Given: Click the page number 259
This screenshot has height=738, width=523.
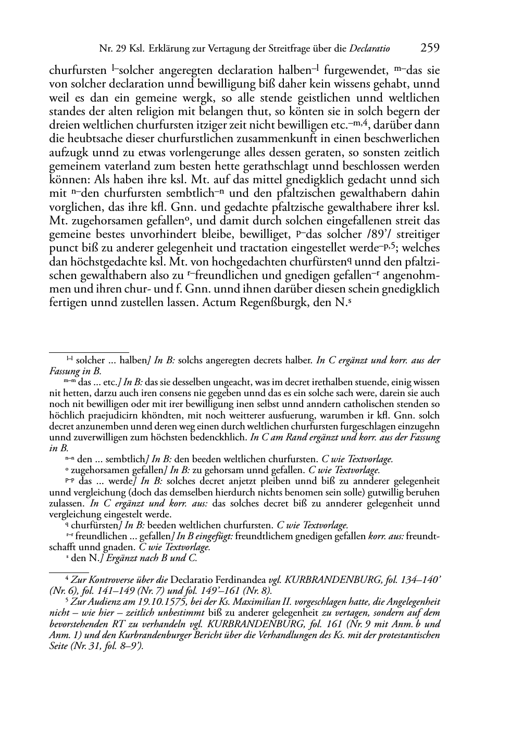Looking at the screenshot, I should (430, 48).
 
